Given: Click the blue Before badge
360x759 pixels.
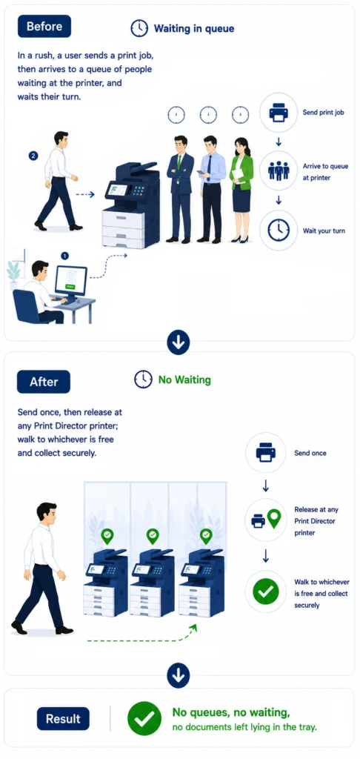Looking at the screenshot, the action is tap(44, 26).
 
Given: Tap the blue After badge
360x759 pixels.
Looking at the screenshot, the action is tap(44, 382).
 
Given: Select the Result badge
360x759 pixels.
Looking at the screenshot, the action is tap(63, 718).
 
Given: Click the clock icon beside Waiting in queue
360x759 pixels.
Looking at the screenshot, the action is tap(139, 29).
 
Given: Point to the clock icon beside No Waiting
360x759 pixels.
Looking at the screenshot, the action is tap(143, 379).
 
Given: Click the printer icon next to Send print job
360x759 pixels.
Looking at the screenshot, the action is tap(279, 113).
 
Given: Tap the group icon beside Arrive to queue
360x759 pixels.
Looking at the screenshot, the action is tap(279, 171).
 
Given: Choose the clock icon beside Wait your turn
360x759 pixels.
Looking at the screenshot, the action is tap(279, 231).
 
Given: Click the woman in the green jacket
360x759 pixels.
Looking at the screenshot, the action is tap(241, 190).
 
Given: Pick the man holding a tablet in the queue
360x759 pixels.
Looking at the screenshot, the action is tap(210, 189).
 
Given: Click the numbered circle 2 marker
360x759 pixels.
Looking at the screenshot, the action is tap(33, 156).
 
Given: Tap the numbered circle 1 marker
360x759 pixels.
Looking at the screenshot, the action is tap(65, 255).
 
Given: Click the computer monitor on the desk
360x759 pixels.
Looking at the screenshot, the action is tap(70, 282).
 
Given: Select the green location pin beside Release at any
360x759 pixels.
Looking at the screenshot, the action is tap(274, 518).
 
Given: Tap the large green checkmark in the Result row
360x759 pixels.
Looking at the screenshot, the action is tap(144, 718).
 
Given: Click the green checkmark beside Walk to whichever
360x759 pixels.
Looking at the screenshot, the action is tap(266, 591).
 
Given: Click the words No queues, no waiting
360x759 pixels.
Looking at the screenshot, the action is tap(231, 712).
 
